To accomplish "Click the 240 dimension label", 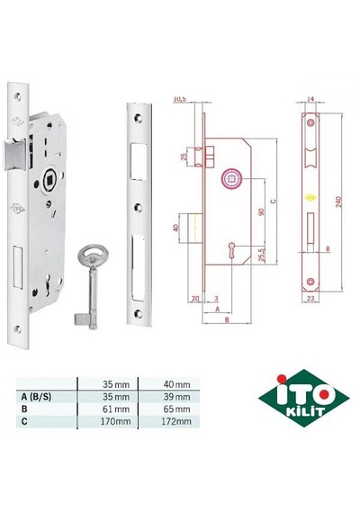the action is [x=338, y=202].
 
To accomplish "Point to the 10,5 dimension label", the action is [x=179, y=99].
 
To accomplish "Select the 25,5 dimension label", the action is [x=262, y=254].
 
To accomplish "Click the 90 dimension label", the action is [x=262, y=211].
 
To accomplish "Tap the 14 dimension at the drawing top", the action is [x=310, y=98].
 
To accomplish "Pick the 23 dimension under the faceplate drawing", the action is [x=310, y=299].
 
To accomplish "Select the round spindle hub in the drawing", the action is [x=232, y=179].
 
